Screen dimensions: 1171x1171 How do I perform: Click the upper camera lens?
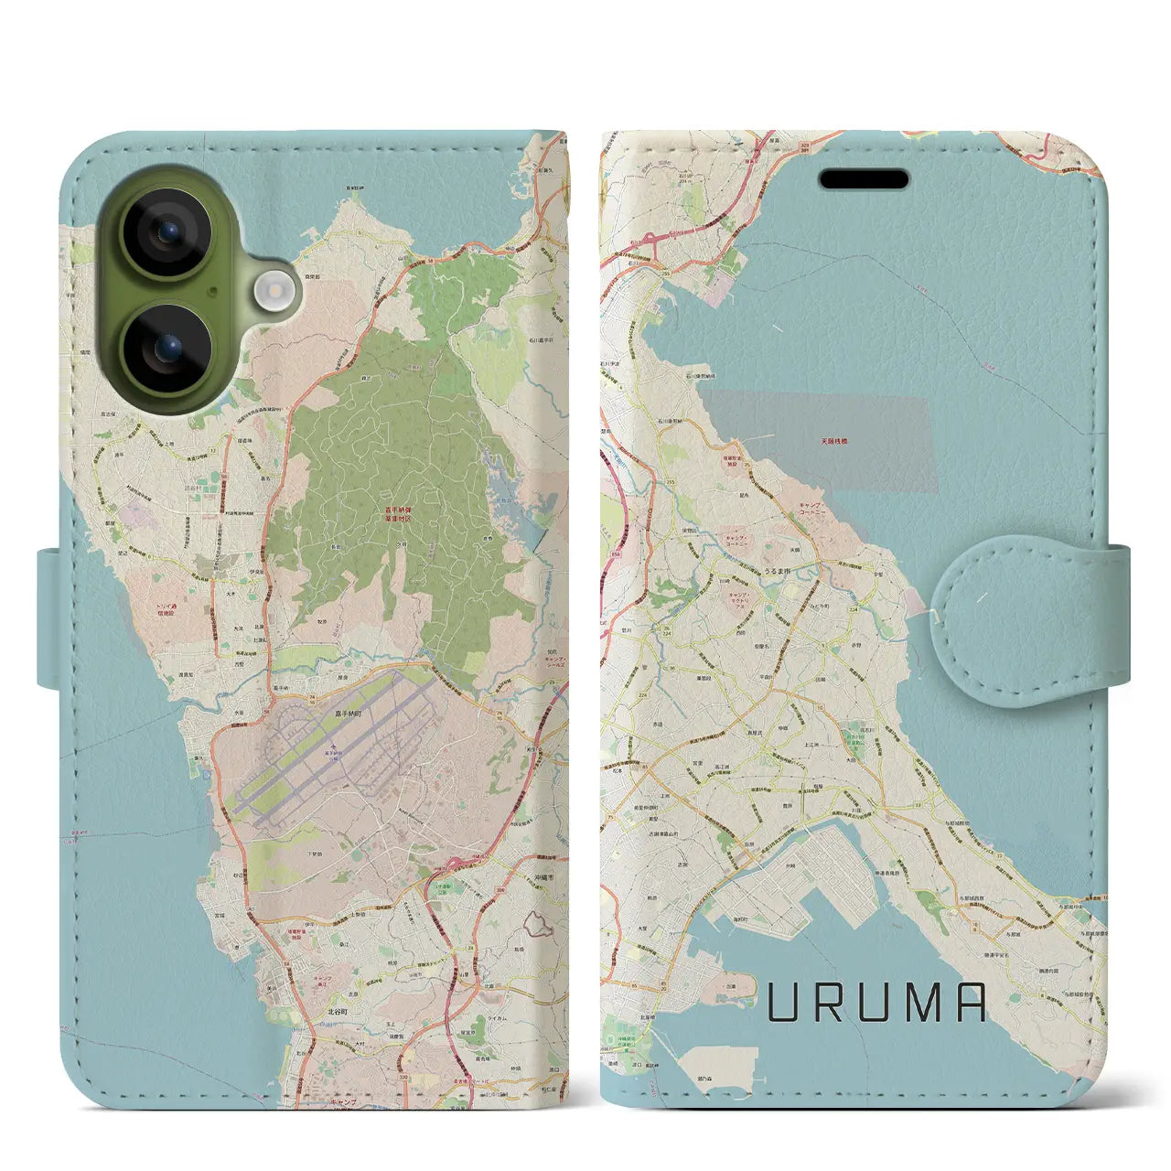tap(168, 233)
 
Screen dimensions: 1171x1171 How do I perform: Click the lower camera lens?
tap(168, 349)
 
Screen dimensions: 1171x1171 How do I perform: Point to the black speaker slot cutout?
tap(864, 178)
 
